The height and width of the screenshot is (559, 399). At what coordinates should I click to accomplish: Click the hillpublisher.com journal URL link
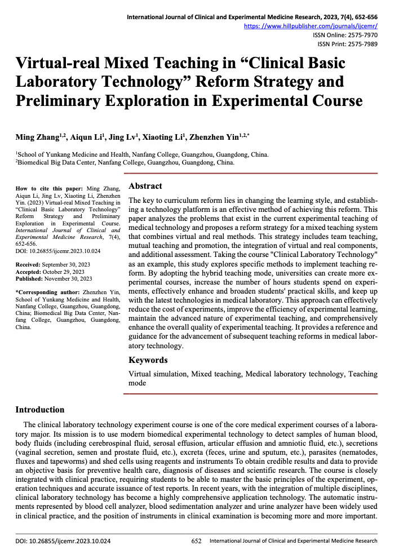[x=311, y=26]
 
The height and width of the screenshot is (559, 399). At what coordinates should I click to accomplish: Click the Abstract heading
[x=145, y=186]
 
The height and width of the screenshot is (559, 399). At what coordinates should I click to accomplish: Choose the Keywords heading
[x=148, y=360]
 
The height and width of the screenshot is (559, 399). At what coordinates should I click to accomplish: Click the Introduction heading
[x=39, y=410]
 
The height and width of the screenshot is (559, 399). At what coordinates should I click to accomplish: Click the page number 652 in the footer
[x=197, y=541]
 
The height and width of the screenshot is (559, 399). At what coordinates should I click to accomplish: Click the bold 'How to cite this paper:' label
[x=49, y=188]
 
